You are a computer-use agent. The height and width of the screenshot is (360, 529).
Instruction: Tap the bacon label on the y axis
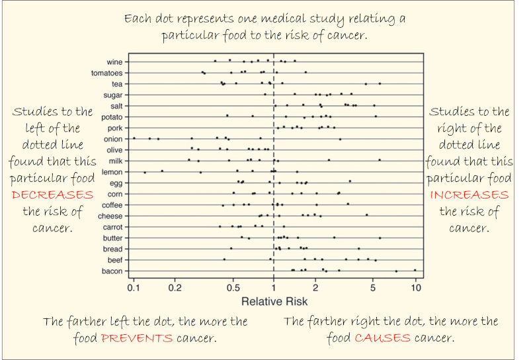click(112, 271)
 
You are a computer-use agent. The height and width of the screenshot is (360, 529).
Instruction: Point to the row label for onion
click(112, 139)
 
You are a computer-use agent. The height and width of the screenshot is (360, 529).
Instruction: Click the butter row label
click(111, 238)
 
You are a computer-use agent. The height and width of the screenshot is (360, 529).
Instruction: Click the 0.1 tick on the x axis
click(133, 289)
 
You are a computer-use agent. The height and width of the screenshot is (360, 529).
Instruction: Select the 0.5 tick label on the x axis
click(233, 289)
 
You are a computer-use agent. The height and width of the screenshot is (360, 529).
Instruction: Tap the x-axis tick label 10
click(415, 289)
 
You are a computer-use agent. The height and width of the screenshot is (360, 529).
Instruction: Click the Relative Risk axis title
click(274, 302)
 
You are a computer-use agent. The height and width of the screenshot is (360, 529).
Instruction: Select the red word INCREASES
click(469, 195)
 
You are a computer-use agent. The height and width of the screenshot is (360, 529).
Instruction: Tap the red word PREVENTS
click(137, 338)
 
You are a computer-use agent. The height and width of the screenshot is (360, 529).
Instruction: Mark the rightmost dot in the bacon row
click(415, 270)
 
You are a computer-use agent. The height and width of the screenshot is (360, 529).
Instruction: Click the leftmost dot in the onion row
click(134, 138)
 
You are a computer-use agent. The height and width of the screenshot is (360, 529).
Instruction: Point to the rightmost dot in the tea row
click(380, 83)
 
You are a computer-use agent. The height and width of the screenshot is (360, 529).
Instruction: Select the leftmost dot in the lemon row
click(145, 172)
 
